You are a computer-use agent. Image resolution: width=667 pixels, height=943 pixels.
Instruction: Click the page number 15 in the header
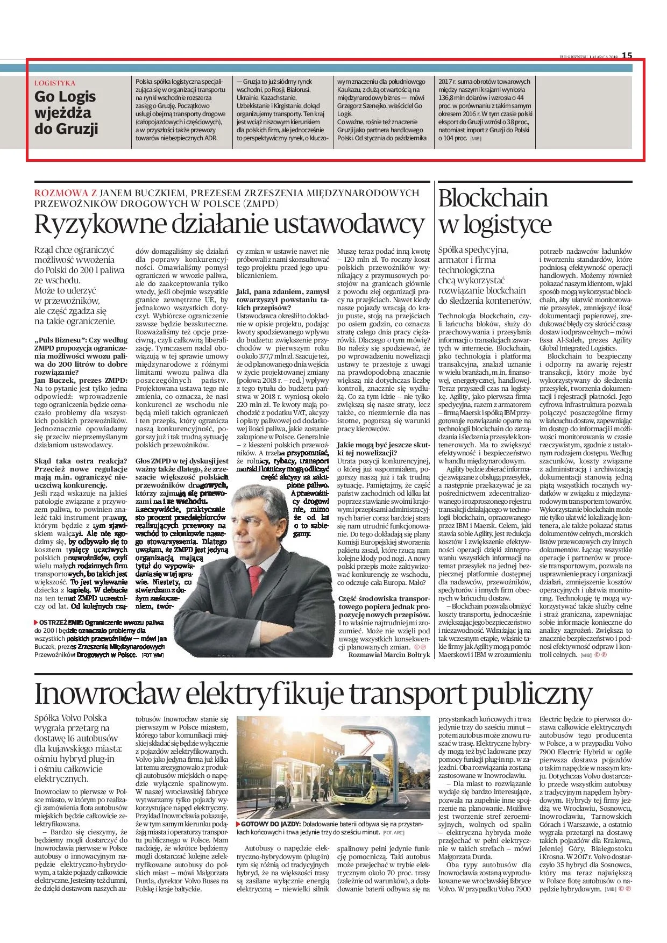627,55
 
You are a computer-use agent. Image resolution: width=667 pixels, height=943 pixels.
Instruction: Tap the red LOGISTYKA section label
54,83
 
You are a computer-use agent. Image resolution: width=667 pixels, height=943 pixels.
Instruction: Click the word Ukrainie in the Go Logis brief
249,98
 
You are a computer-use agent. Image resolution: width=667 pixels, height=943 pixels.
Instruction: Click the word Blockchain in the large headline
493,199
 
